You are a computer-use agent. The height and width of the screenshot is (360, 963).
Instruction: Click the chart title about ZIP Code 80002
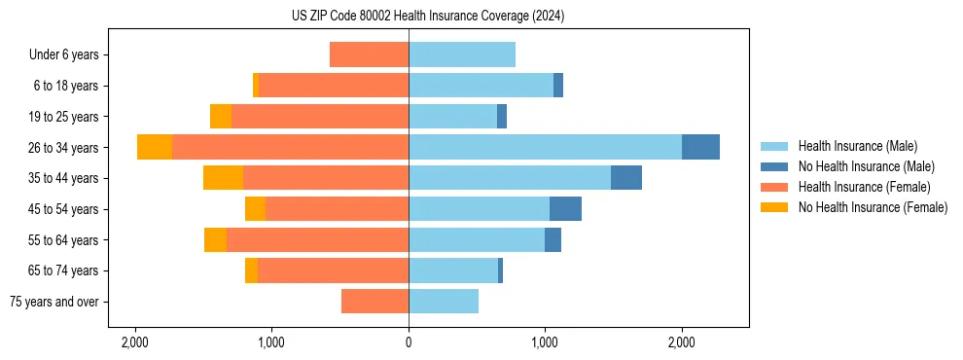[428, 17]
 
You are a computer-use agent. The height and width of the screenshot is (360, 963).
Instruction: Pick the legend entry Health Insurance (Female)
[864, 187]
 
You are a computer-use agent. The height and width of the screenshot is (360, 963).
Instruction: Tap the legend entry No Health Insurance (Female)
[873, 207]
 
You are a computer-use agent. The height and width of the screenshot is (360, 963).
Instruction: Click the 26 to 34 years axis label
[64, 148]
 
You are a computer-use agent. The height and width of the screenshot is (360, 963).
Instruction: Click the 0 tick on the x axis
[409, 342]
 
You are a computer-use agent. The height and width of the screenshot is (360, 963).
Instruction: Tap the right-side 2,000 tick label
[681, 342]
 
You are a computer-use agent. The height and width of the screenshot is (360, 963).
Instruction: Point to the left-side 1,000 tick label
[271, 342]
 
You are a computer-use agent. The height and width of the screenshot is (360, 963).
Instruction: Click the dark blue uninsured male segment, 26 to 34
[700, 147]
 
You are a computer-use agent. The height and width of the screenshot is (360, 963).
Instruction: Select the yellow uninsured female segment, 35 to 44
[223, 178]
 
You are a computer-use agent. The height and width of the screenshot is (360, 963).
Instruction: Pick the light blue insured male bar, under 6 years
[462, 54]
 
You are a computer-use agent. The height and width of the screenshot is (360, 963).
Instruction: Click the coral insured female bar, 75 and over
[374, 302]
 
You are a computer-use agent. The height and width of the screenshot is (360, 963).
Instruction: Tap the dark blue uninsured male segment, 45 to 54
[565, 209]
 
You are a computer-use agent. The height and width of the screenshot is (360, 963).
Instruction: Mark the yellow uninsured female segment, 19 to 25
[221, 117]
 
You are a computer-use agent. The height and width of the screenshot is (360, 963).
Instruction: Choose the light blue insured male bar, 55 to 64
[477, 240]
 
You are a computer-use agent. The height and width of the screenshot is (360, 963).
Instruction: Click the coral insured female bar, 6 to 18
[334, 86]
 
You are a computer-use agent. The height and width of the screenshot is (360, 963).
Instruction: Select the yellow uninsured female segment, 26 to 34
[155, 147]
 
